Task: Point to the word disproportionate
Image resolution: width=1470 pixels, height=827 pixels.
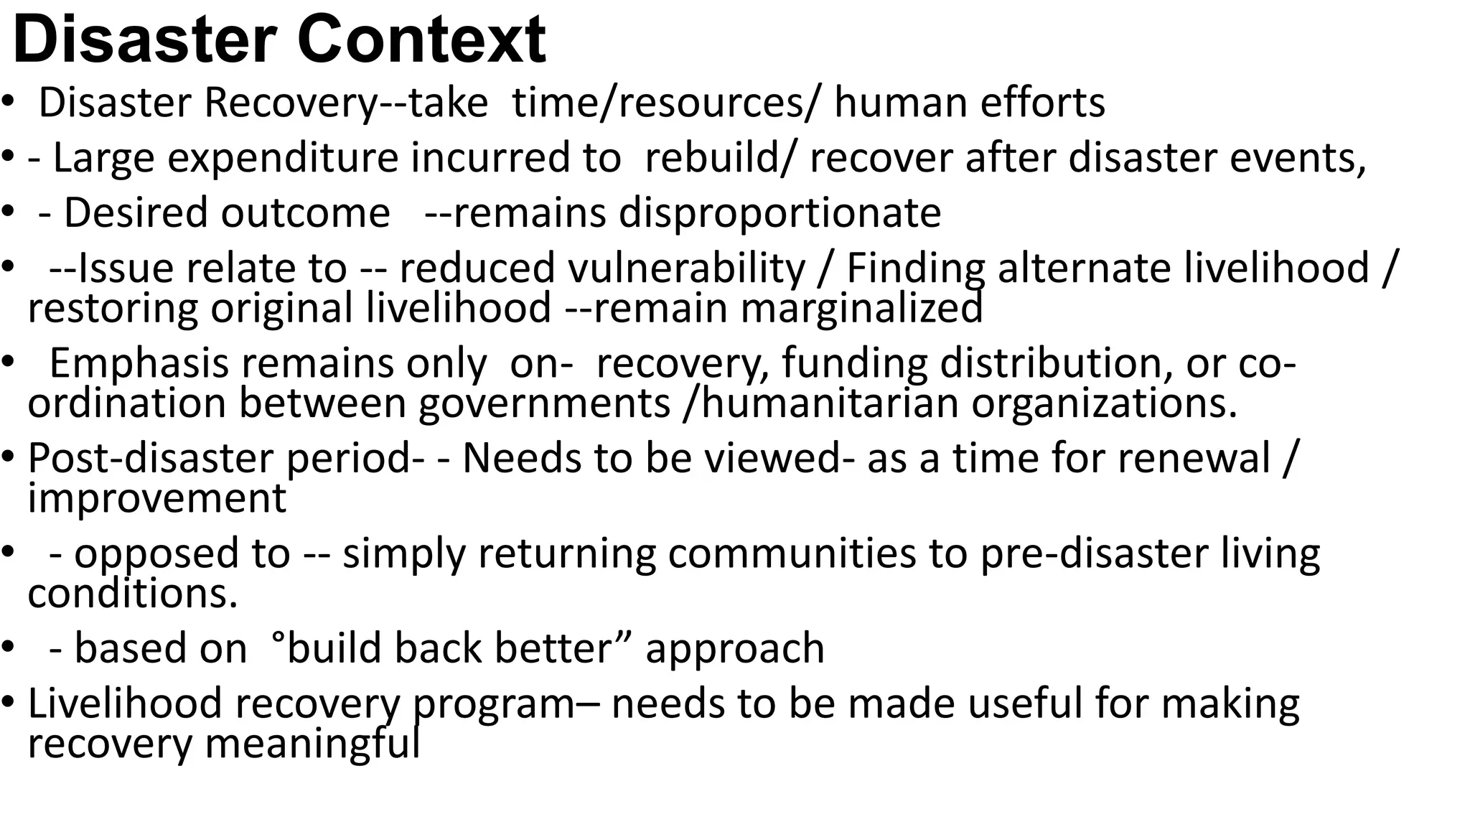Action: tap(780, 213)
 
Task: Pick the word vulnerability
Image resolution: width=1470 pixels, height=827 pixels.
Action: tap(687, 268)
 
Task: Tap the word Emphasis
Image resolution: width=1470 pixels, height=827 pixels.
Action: tap(138, 363)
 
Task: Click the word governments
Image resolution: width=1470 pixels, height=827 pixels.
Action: tap(544, 403)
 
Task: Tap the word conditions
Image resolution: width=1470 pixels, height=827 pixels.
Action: tap(132, 594)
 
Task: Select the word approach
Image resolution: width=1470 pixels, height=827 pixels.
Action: tap(735, 649)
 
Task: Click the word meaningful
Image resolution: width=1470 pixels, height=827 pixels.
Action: tap(312, 744)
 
